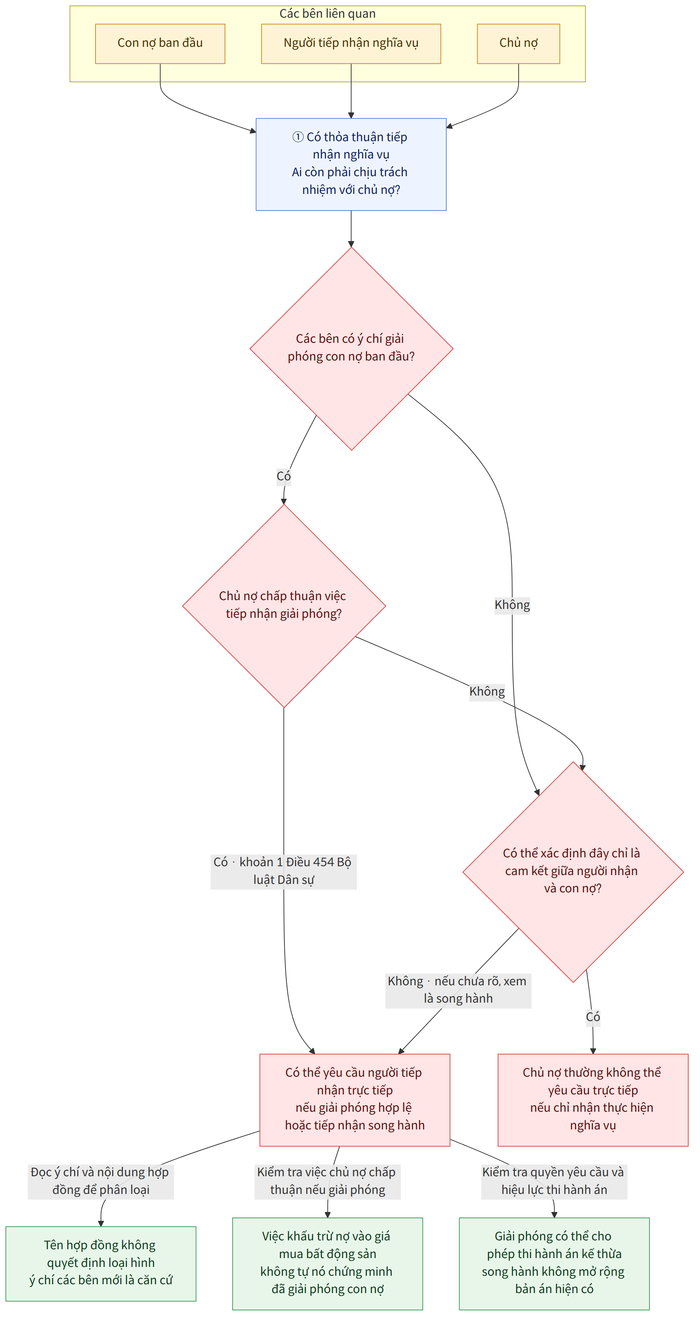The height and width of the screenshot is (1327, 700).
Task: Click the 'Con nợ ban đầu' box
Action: pos(160,44)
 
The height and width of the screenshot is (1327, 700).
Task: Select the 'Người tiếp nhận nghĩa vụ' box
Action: pos(351,44)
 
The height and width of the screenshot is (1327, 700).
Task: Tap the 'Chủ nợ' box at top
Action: pos(518,44)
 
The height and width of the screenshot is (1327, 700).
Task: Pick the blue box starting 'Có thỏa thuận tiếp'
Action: pos(351,164)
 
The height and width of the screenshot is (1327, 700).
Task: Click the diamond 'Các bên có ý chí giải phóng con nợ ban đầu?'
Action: pos(351,349)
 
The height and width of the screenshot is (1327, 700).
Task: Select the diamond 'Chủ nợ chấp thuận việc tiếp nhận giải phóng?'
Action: pos(284,606)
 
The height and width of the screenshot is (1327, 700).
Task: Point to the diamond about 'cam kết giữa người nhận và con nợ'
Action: pos(573,872)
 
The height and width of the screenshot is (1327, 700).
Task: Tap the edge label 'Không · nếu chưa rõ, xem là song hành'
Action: pos(458,990)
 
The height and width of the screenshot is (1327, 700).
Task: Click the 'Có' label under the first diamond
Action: pos(284,476)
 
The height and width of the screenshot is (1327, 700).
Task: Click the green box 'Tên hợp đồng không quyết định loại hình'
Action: pos(101,1264)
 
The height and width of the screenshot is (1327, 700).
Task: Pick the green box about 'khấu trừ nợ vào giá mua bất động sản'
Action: pos(328,1264)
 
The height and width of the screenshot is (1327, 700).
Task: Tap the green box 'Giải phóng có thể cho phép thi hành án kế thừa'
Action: pos(554,1264)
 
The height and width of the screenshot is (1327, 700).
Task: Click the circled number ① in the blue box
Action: pos(298,137)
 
